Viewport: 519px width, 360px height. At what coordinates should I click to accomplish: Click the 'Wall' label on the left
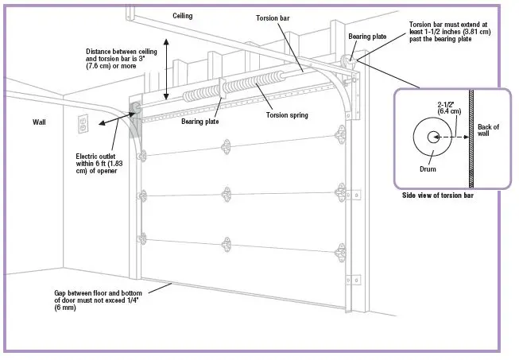click(x=40, y=123)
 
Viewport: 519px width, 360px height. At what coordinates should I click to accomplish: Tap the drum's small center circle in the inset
click(x=433, y=137)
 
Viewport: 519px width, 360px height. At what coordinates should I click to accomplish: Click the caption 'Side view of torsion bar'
click(x=437, y=195)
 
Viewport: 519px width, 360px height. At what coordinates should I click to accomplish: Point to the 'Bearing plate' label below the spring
click(x=199, y=122)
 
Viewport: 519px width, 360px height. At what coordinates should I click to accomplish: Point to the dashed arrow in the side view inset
click(x=453, y=137)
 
